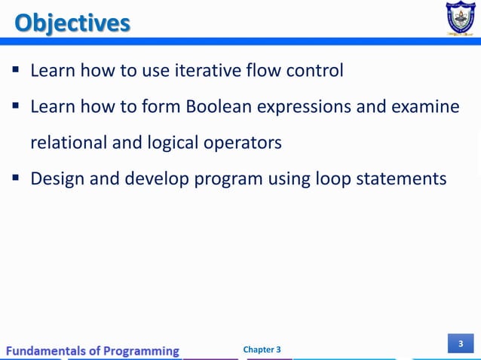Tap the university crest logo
click(459, 19)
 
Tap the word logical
click(170, 143)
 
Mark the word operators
click(243, 143)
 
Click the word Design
click(55, 179)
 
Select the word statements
click(400, 179)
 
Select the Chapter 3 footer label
click(262, 349)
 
